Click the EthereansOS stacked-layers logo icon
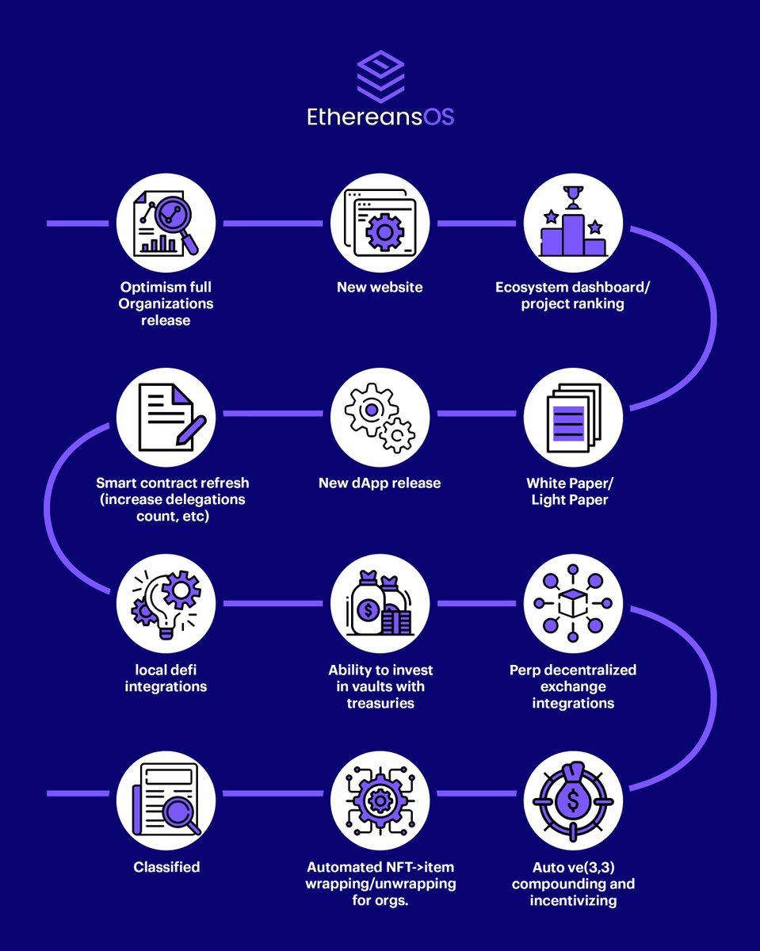pyautogui.click(x=380, y=76)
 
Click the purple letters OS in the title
pyautogui.click(x=439, y=117)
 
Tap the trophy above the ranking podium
pyautogui.click(x=573, y=197)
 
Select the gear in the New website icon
pyautogui.click(x=384, y=231)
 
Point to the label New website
pyautogui.click(x=380, y=287)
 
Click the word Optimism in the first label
pyautogui.click(x=148, y=287)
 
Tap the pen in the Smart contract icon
pyautogui.click(x=191, y=430)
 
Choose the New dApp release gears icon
pyautogui.click(x=380, y=418)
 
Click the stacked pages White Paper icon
pyautogui.click(x=574, y=418)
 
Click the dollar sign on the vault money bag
pyautogui.click(x=367, y=611)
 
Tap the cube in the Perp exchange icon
pyautogui.click(x=573, y=603)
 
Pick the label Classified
pyautogui.click(x=166, y=867)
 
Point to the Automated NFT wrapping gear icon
pyautogui.click(x=380, y=800)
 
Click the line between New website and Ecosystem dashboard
pyautogui.click(x=476, y=223)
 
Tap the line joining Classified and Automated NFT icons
pyautogui.click(x=273, y=793)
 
